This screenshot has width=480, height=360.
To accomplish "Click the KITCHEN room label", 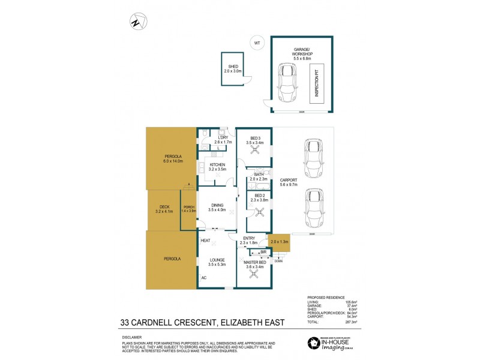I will click(x=217, y=167).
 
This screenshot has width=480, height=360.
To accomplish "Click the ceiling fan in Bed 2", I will click(x=259, y=211).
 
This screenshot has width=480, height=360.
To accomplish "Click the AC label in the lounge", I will click(x=204, y=278).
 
